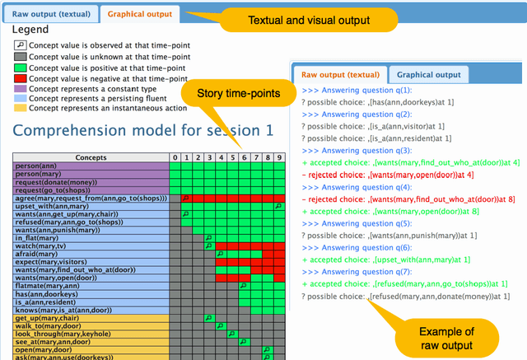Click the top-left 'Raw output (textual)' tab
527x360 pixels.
click(x=51, y=14)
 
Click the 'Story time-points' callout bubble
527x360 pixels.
click(x=234, y=93)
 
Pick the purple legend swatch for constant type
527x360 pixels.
click(x=21, y=87)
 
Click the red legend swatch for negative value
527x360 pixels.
click(x=21, y=77)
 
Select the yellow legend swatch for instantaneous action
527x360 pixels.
click(x=21, y=109)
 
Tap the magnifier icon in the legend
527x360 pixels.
click(x=21, y=44)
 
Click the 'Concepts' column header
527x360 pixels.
click(x=90, y=157)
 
